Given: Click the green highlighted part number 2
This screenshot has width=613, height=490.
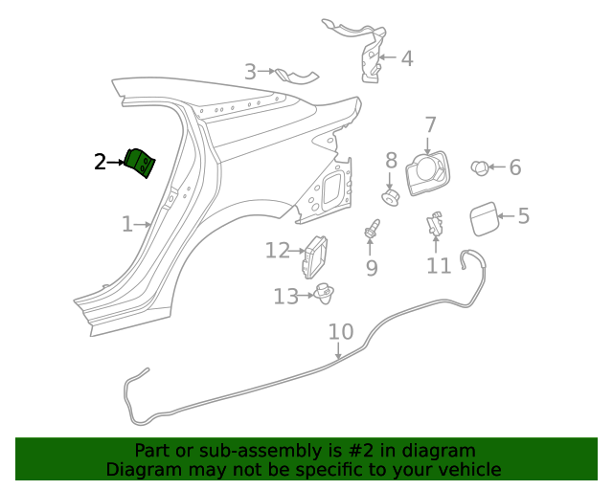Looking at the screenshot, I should [x=142, y=163].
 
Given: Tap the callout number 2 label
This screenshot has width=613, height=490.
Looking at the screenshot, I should [x=101, y=162].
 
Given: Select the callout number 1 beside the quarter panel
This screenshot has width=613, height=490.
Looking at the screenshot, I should [x=127, y=224].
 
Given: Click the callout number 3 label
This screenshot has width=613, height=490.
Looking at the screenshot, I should [x=250, y=71].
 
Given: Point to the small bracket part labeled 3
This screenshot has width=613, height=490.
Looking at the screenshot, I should [x=295, y=75].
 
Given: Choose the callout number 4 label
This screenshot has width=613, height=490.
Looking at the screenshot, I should [x=406, y=58].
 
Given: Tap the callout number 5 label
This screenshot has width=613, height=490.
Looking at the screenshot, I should [x=523, y=215].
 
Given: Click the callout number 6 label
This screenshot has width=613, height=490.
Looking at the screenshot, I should [x=514, y=167].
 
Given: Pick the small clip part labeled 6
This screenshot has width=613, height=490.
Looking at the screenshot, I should [x=479, y=168].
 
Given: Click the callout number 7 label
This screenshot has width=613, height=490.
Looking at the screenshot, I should [x=430, y=124].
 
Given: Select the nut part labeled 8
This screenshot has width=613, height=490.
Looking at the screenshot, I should [x=390, y=197].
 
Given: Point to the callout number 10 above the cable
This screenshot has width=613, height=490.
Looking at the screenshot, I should [x=341, y=332].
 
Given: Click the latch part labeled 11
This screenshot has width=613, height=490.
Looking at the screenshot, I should [x=436, y=225].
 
